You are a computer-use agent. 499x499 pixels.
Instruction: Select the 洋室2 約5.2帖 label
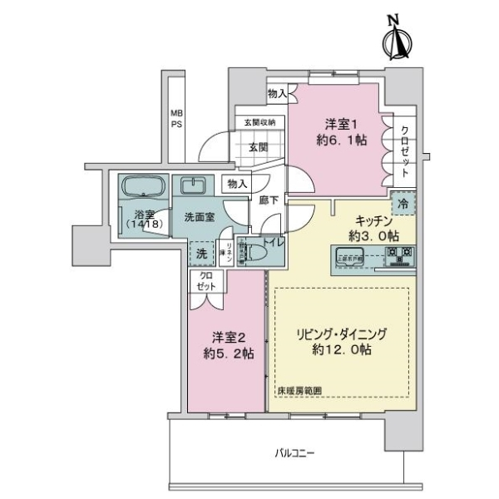(226, 344)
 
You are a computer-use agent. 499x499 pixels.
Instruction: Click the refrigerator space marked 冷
(403, 203)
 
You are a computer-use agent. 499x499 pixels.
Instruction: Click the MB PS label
(177, 118)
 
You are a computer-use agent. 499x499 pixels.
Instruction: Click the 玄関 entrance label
(258, 147)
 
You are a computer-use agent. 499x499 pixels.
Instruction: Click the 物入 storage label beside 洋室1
(278, 94)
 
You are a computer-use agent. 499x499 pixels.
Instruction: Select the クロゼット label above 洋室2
(205, 281)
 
